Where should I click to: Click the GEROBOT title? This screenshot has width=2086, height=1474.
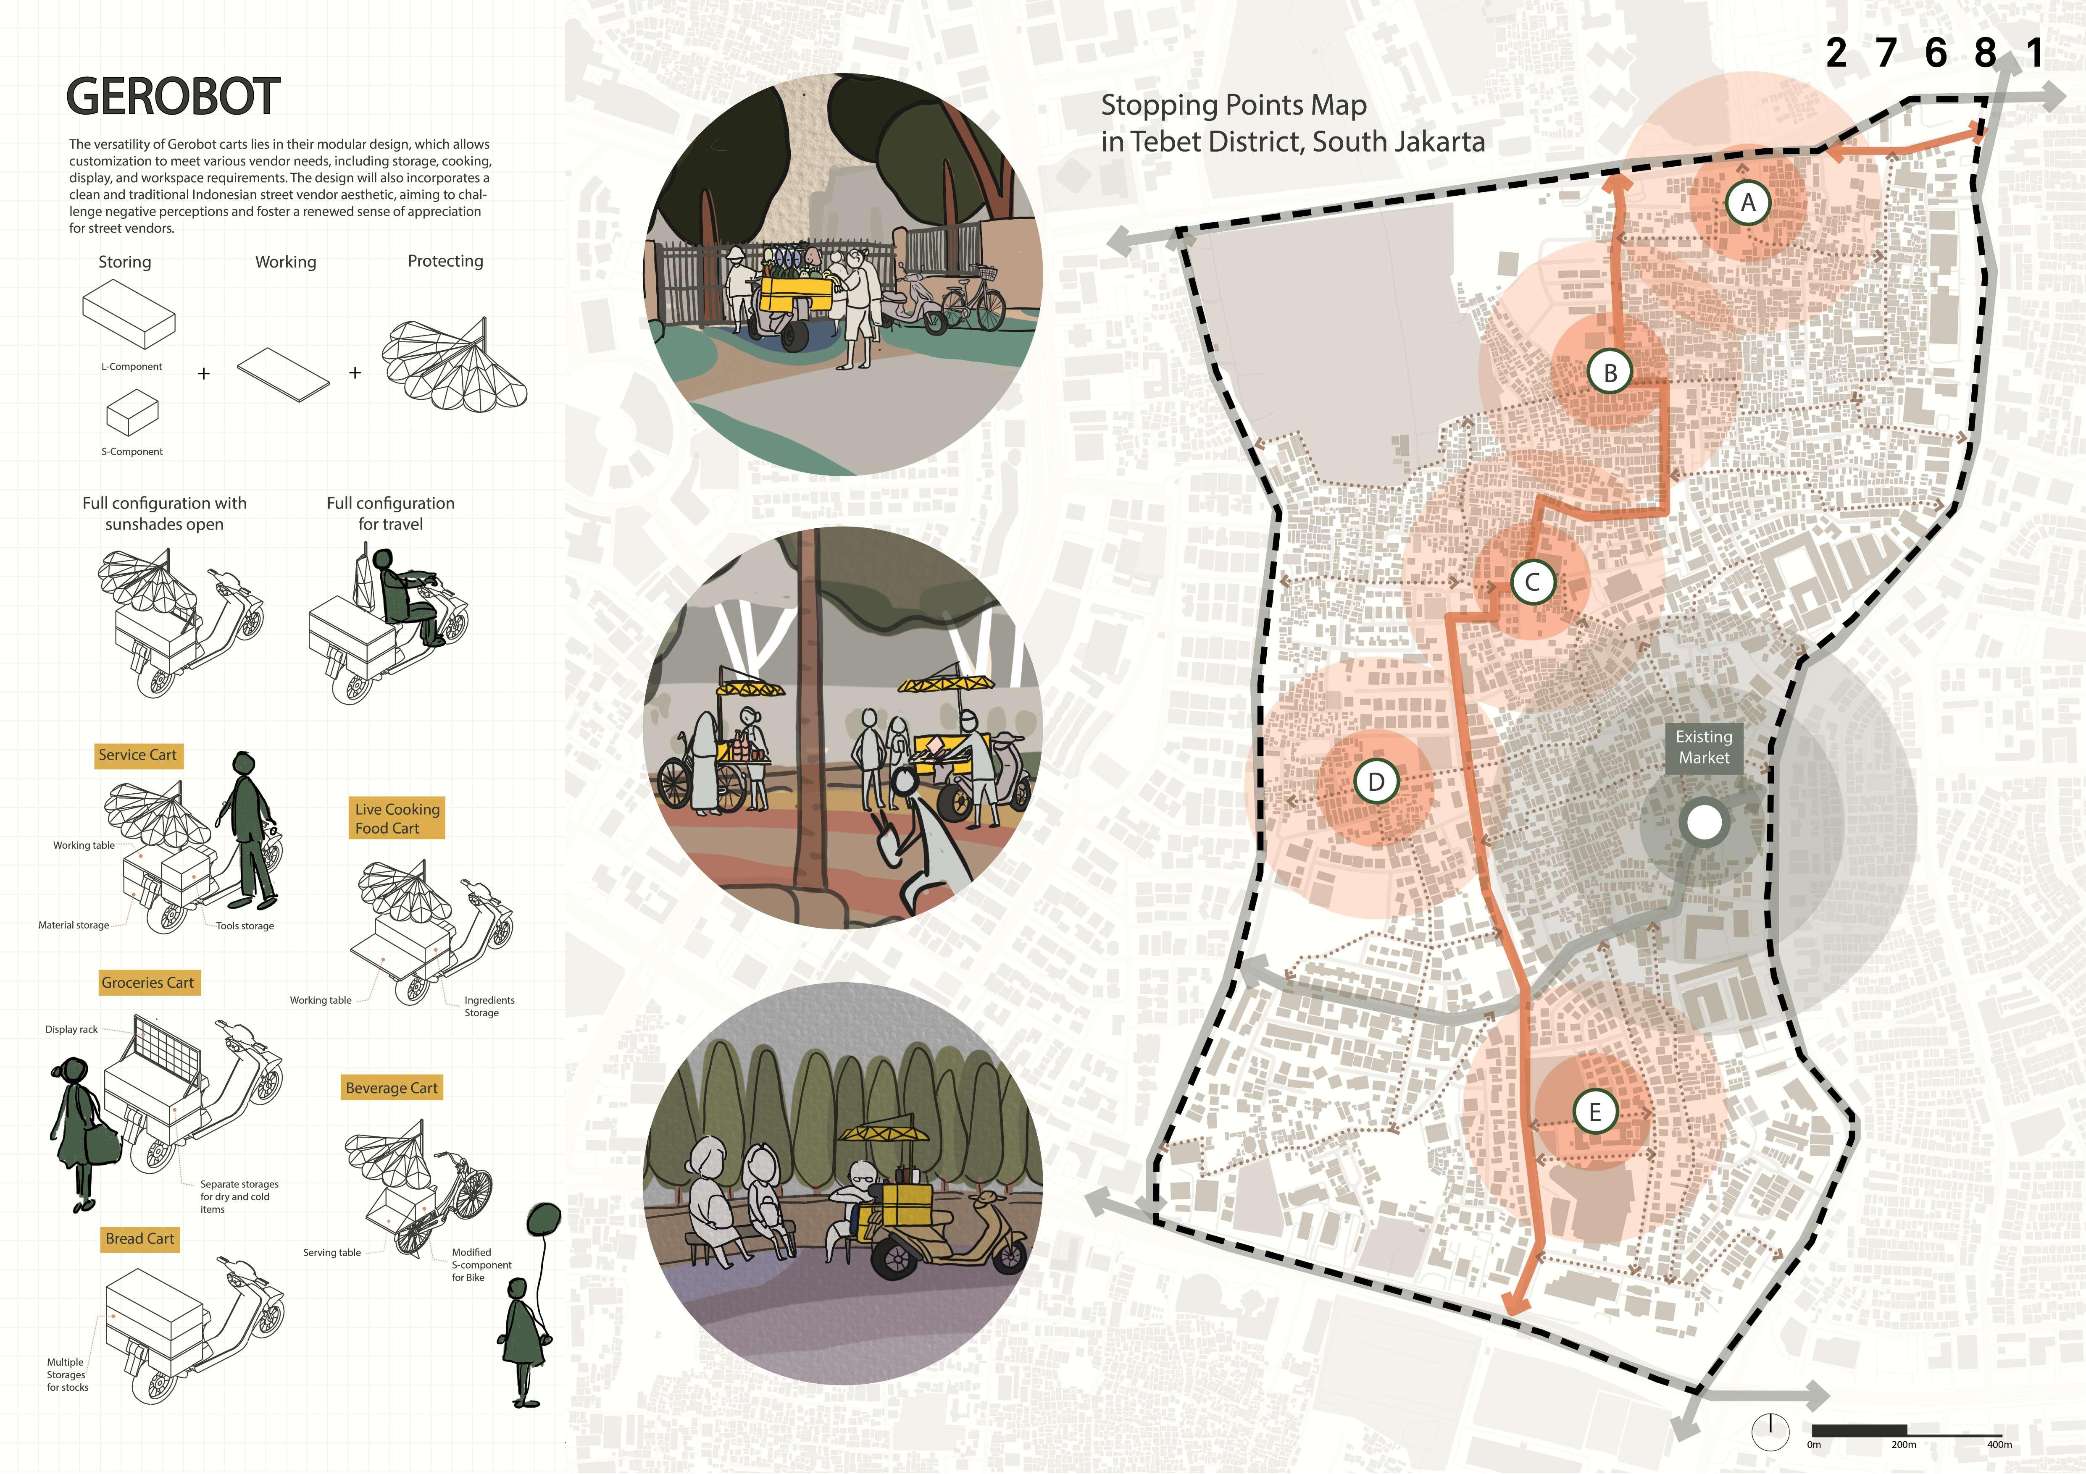pos(173,96)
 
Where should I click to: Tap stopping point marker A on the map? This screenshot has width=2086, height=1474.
pos(1747,203)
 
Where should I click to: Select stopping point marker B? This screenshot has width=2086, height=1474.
pos(1610,372)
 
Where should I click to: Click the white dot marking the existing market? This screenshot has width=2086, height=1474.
pos(1704,823)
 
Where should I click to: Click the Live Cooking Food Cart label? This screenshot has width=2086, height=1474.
pos(397,818)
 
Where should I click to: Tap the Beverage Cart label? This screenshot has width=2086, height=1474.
pos(392,1088)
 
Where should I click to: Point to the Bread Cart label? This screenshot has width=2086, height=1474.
pos(140,1239)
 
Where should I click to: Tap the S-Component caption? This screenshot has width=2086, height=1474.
pos(132,451)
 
